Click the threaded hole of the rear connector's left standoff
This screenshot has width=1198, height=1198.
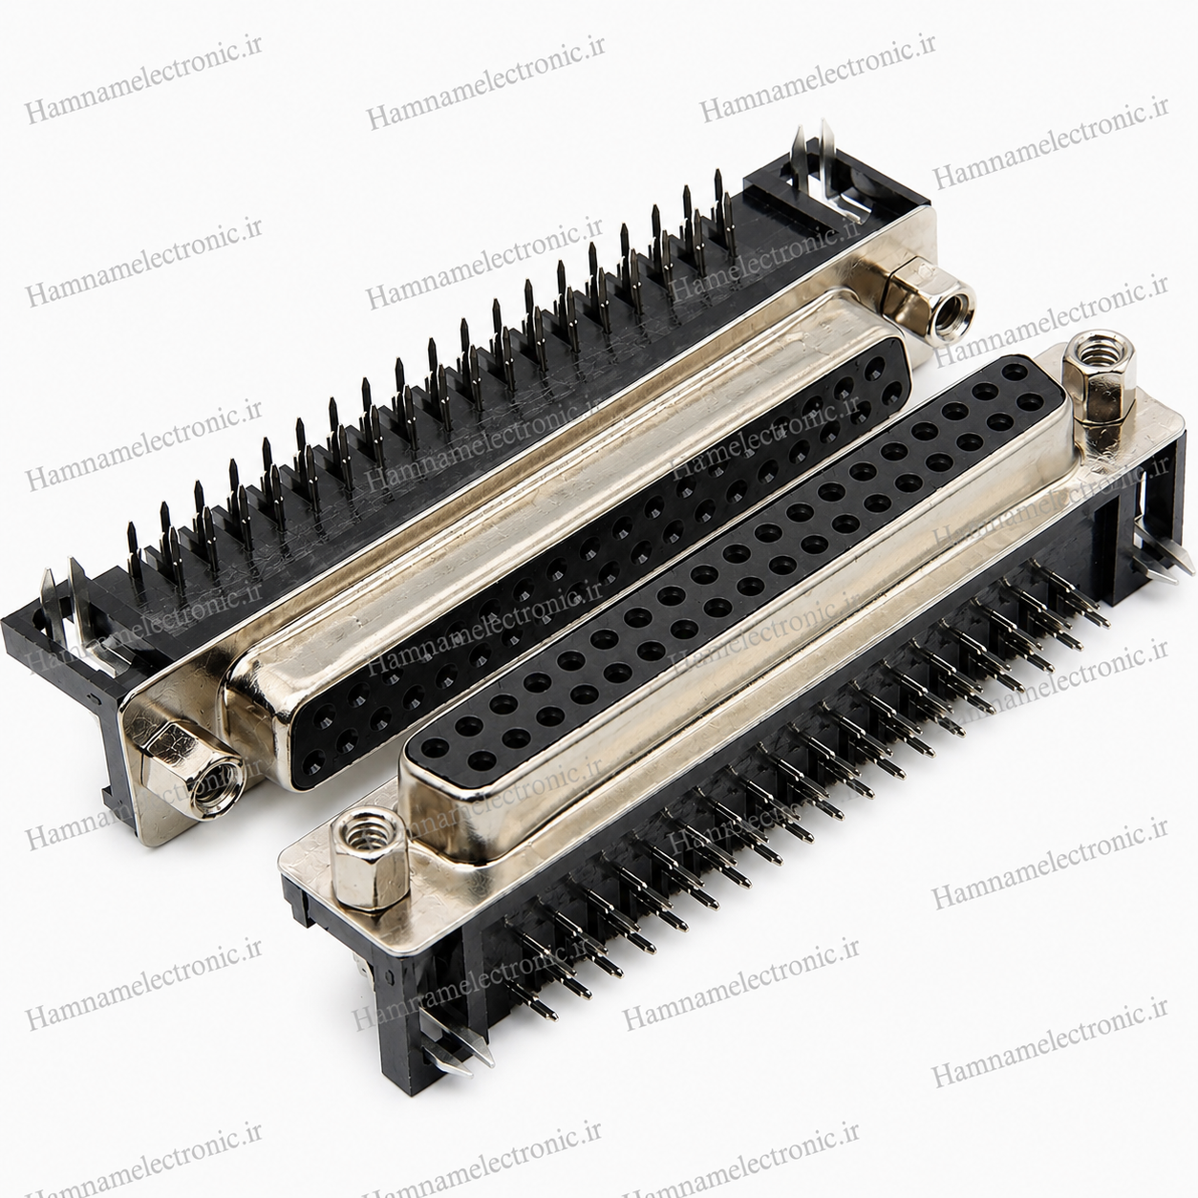[x=210, y=786]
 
